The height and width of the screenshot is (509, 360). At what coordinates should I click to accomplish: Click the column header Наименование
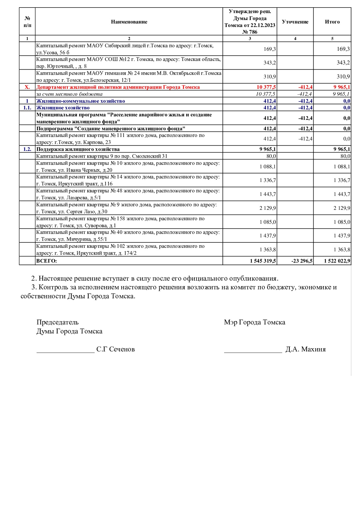(129, 22)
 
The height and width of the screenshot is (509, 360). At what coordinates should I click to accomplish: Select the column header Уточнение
(295, 22)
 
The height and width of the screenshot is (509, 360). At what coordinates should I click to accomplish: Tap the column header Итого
(332, 22)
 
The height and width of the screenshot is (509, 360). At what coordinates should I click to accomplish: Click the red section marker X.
(27, 87)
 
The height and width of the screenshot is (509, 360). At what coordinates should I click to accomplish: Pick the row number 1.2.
(27, 149)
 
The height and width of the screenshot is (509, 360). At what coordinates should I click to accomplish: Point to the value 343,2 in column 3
(270, 63)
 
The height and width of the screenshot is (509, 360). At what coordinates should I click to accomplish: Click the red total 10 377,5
(266, 87)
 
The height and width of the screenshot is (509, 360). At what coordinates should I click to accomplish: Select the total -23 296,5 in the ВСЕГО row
(302, 261)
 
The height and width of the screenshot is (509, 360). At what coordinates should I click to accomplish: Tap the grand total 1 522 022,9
(337, 261)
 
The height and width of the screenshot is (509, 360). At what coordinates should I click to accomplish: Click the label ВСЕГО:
(46, 261)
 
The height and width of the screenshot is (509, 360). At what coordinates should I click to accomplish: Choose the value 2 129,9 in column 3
(268, 208)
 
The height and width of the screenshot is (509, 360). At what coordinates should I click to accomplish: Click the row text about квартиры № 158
(120, 222)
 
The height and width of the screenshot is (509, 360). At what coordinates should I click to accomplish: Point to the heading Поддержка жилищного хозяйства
(78, 149)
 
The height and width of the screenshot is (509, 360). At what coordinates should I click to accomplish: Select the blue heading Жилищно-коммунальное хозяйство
(80, 101)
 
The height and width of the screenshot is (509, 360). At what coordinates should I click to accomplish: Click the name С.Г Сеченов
(116, 349)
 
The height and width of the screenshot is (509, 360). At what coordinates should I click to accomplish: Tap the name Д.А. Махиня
(305, 349)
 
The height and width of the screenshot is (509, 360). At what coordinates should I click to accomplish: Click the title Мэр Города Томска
(254, 322)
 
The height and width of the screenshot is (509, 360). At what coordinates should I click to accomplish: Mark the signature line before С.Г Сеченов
(66, 352)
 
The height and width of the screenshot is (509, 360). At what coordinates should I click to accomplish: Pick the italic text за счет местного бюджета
(69, 94)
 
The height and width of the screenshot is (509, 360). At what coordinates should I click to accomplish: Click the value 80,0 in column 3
(271, 156)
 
